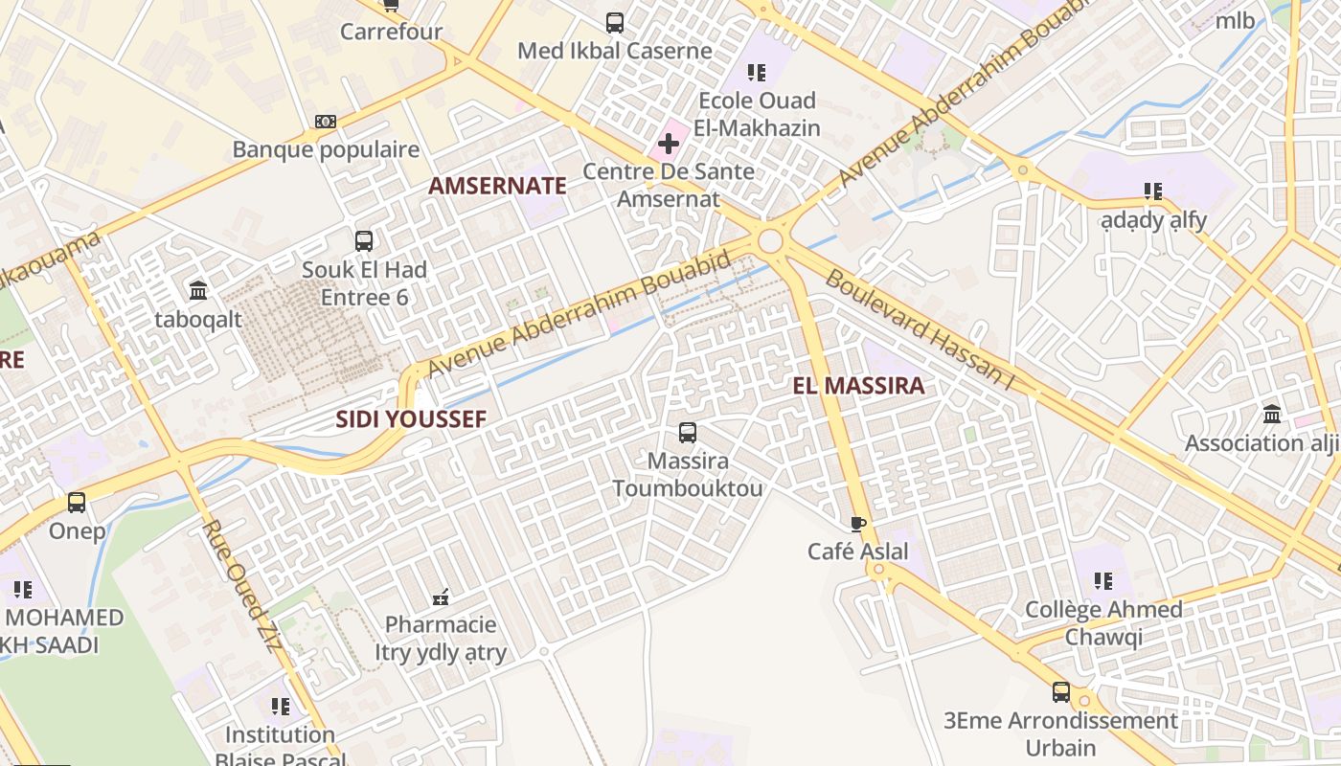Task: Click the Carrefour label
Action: pyautogui.click(x=391, y=32)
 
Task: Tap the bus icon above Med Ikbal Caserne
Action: pyautogui.click(x=615, y=22)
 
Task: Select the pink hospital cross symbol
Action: pyautogui.click(x=668, y=145)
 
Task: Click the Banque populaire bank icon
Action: pyautogui.click(x=326, y=122)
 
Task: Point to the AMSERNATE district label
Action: pyautogui.click(x=497, y=186)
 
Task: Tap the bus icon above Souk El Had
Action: pyautogui.click(x=364, y=241)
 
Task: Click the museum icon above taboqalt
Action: pyautogui.click(x=198, y=290)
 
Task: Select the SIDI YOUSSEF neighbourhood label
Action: pyautogui.click(x=411, y=419)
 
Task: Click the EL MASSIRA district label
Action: pyautogui.click(x=859, y=386)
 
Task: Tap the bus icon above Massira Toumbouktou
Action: pyautogui.click(x=688, y=433)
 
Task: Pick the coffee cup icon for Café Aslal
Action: pyautogui.click(x=858, y=523)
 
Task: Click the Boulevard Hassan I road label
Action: pyautogui.click(x=919, y=330)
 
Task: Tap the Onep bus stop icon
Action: pyautogui.click(x=77, y=503)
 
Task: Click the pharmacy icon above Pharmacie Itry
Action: pyautogui.click(x=441, y=597)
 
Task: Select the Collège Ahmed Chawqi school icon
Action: pyautogui.click(x=1103, y=581)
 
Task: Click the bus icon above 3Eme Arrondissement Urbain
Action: pyautogui.click(x=1060, y=691)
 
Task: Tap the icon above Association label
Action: pyautogui.click(x=1272, y=415)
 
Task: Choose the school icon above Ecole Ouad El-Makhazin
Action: pyautogui.click(x=757, y=73)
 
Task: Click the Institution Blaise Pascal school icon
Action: pyautogui.click(x=280, y=707)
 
